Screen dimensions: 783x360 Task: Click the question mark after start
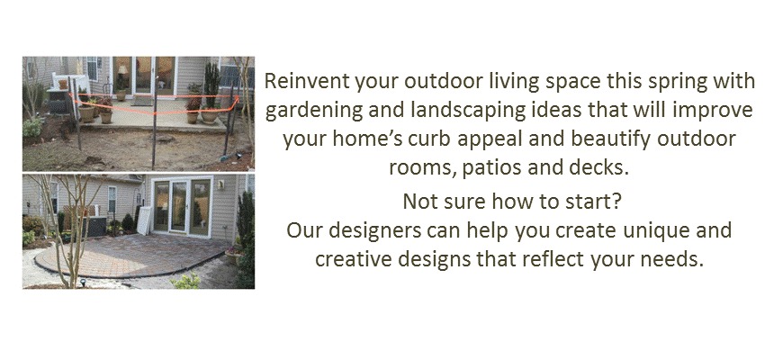[616, 202]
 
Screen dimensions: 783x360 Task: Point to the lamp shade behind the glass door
[122, 70]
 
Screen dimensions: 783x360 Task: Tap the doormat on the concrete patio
[142, 102]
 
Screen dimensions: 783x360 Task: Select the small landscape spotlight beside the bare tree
[83, 282]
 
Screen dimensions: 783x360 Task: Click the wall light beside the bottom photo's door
[220, 184]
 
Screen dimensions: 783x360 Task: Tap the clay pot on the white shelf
[63, 85]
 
